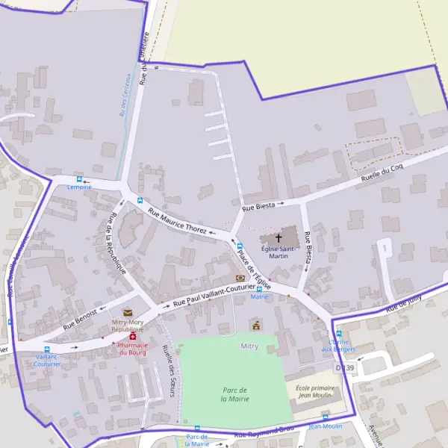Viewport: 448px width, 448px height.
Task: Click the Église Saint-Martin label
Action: [x=278, y=252]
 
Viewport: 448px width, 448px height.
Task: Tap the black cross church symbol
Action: [x=279, y=237]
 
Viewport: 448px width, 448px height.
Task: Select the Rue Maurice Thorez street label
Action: [x=178, y=220]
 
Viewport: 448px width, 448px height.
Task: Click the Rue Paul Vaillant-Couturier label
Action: [x=214, y=296]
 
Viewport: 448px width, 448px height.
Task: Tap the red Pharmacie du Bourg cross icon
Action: [x=133, y=337]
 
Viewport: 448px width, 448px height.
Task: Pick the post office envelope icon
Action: [x=127, y=312]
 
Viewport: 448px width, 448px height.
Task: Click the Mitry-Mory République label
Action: [x=127, y=326]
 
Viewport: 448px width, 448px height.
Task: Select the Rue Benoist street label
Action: [x=80, y=318]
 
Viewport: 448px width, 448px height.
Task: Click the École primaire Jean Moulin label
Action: [x=314, y=392]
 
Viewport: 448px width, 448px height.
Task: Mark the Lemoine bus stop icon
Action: [x=79, y=179]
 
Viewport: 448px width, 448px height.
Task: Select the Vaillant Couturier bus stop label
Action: [x=46, y=360]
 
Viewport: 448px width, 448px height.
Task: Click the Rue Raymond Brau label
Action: [x=261, y=432]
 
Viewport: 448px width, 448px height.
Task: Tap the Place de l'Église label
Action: [x=254, y=268]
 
